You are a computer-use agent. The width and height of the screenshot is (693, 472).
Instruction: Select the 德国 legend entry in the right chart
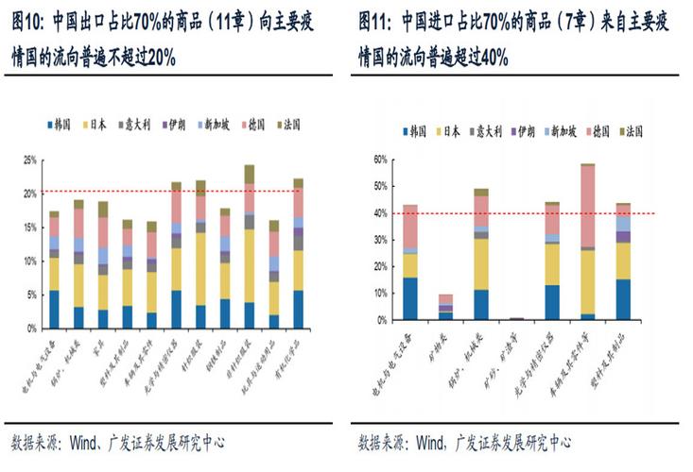point(603,131)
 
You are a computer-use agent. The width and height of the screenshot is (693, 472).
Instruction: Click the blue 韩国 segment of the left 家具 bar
point(102,318)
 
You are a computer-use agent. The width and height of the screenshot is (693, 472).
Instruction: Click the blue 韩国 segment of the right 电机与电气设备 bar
point(410,298)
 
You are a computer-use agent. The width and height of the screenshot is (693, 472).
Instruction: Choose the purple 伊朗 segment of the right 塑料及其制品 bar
point(624,237)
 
